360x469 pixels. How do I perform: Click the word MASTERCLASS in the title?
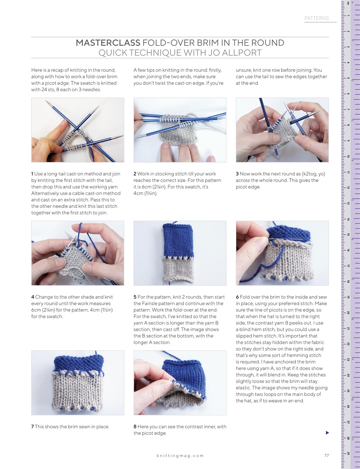click(108, 43)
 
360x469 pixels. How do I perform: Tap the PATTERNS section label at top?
click(316, 18)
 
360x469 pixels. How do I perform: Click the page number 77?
click(326, 455)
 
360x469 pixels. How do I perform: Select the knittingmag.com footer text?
click(180, 455)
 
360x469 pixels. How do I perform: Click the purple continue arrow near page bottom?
click(327, 433)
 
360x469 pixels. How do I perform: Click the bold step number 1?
click(32, 174)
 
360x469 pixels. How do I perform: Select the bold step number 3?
click(237, 174)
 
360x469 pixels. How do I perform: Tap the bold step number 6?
click(237, 297)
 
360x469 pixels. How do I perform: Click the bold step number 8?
click(135, 427)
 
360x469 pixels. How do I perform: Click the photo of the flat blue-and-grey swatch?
click(180, 253)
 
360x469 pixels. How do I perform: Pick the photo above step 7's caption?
click(77, 383)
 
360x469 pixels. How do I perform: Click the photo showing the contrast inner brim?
click(180, 383)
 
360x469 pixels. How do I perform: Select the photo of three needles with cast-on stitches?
click(77, 130)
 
